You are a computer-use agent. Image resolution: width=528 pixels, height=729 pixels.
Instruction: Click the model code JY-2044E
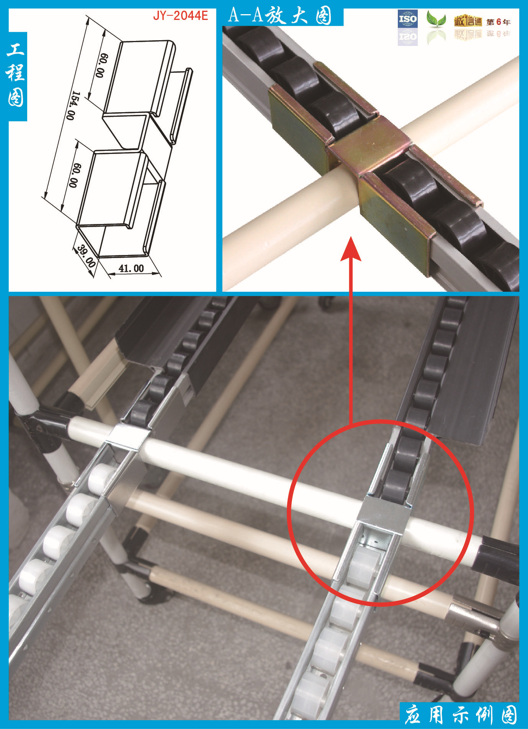[x=180, y=16]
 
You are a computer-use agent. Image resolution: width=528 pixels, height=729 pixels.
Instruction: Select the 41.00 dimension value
[x=131, y=268]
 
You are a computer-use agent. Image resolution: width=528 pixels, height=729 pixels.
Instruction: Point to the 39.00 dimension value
[x=86, y=256]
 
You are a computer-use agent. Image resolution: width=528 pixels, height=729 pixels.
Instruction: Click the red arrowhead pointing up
[x=351, y=249]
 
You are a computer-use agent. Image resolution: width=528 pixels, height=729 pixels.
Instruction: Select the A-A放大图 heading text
[x=280, y=16]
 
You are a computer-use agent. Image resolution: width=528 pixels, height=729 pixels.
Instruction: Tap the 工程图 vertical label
[x=16, y=75]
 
